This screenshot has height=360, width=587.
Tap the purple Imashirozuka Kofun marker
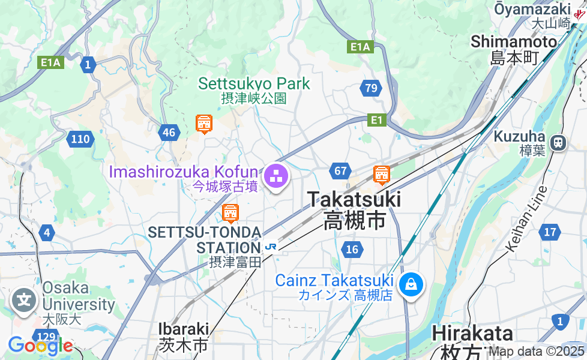point(276,177)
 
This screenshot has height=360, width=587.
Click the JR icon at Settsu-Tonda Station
point(271,246)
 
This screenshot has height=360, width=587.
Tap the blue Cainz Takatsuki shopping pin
point(412,284)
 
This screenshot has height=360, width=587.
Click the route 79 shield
point(372,89)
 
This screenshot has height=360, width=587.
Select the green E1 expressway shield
point(377,121)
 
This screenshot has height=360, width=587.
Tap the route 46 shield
point(170,133)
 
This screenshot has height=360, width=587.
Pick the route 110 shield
point(80,140)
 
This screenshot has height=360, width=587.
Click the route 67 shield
point(340,171)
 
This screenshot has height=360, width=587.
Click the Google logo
point(40,345)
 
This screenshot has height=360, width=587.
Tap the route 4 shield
point(47,232)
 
